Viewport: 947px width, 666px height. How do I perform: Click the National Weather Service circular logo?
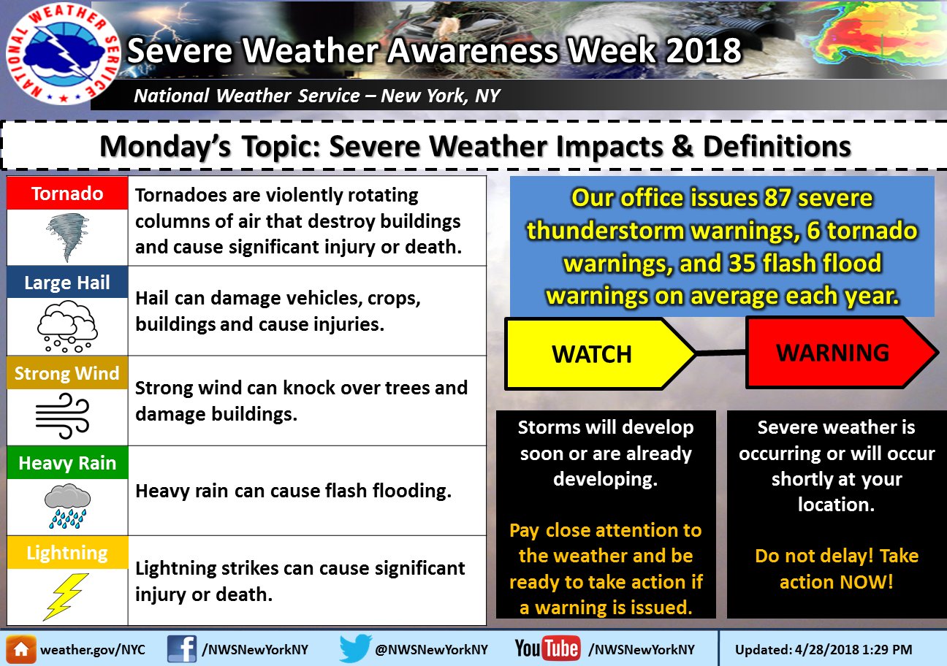tap(63, 53)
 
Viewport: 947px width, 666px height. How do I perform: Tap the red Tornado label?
tap(67, 193)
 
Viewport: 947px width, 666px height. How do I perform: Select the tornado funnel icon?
tap(68, 237)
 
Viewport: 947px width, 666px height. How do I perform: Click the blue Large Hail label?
tap(67, 283)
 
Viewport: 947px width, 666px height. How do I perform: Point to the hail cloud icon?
tap(67, 326)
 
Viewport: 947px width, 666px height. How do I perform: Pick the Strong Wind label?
tap(67, 372)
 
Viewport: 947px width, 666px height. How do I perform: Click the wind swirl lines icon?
tap(63, 416)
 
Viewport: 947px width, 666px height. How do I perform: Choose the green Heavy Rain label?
tap(67, 463)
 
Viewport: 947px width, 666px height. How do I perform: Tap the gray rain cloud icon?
tap(68, 506)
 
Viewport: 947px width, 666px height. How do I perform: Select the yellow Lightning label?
tap(67, 553)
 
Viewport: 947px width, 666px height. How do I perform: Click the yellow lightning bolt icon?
tap(66, 597)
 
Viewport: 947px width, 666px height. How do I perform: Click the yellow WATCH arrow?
tap(599, 353)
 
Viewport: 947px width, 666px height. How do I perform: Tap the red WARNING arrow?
tap(841, 353)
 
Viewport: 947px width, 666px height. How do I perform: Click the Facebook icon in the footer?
tap(182, 648)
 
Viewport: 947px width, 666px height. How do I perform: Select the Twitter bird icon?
tap(355, 648)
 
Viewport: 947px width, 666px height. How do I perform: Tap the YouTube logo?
tap(547, 648)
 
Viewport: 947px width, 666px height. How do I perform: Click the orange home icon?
tap(21, 649)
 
